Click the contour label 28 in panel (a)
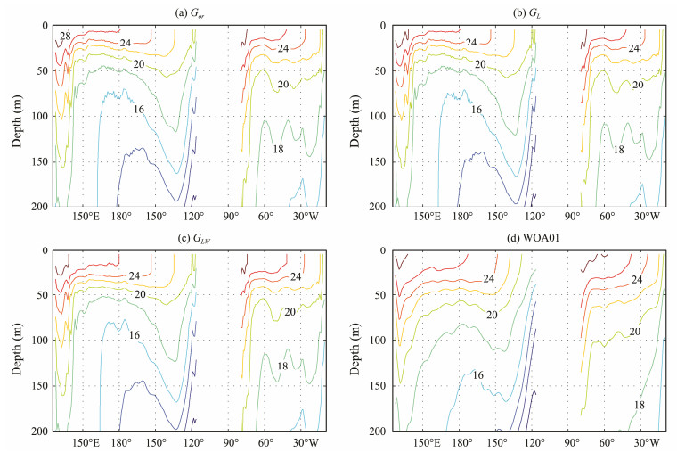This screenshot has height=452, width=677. (65, 37)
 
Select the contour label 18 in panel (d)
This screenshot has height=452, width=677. (640, 405)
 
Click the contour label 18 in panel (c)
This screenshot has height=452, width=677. (281, 366)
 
